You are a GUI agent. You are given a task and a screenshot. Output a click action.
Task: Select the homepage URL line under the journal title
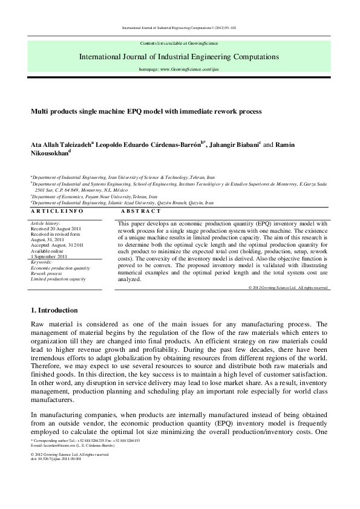pyautogui.click(x=179, y=70)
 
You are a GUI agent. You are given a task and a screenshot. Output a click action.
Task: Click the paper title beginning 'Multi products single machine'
pyautogui.click(x=138, y=112)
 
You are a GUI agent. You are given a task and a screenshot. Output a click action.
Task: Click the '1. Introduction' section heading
pyautogui.click(x=54, y=310)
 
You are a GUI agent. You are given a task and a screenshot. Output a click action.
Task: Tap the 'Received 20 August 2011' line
pyautogui.click(x=56, y=230)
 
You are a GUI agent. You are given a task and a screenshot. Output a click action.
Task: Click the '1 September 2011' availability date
pyautogui.click(x=51, y=257)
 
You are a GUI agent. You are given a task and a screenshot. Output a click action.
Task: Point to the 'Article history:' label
pyautogui.click(x=48, y=224)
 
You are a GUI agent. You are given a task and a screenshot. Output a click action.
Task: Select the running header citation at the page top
pyautogui.click(x=179, y=27)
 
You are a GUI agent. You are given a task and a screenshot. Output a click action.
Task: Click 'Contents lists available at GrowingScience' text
pyautogui.click(x=179, y=45)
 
